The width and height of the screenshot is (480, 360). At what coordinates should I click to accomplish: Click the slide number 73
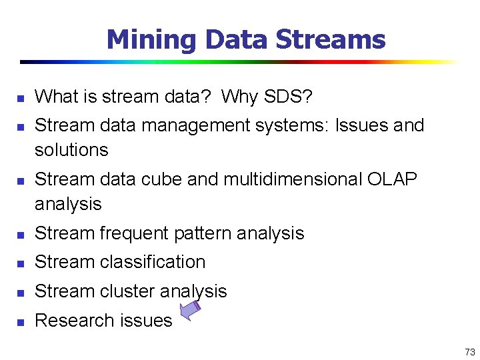tap(469, 351)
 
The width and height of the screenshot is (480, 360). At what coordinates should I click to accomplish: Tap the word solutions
tap(71, 150)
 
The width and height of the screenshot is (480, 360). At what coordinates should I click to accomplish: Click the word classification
tap(153, 262)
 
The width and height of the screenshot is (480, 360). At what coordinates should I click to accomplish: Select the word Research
tap(67, 321)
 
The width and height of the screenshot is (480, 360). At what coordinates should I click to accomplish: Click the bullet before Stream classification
tap(20, 263)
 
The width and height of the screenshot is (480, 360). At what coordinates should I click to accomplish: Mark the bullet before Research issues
tap(20, 321)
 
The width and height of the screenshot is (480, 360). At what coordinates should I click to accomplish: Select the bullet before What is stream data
tap(20, 97)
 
